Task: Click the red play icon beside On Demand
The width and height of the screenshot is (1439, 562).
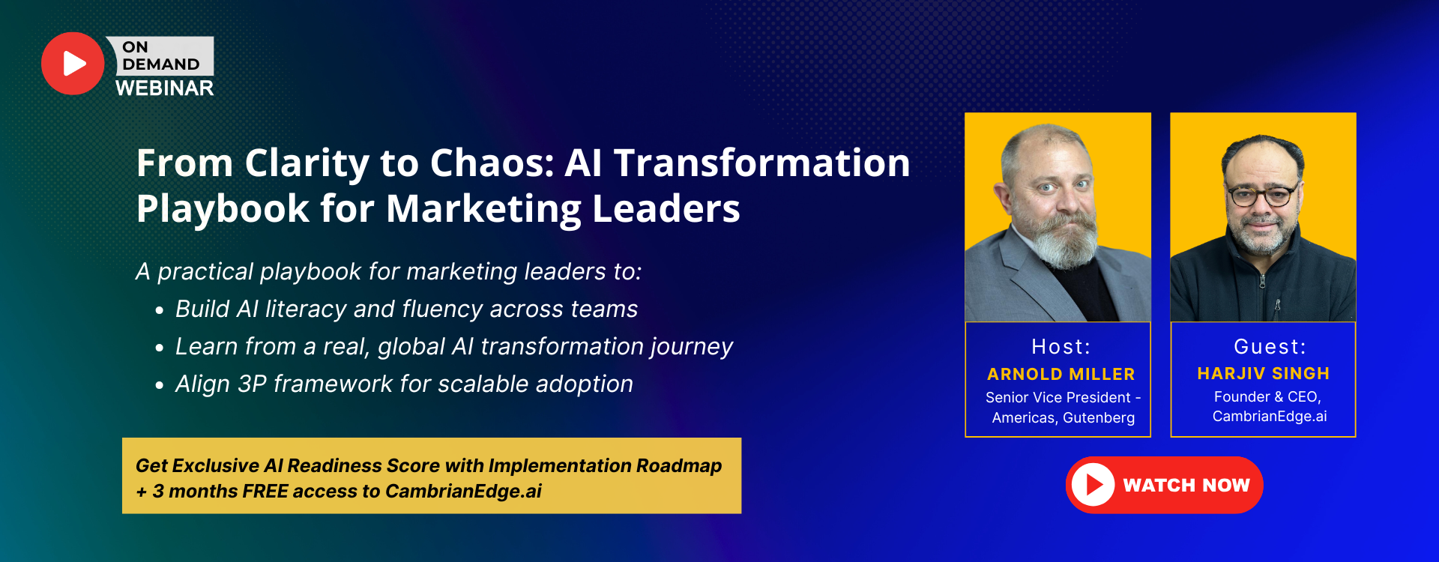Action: coord(73,64)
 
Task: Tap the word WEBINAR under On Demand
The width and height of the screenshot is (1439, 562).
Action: coord(164,88)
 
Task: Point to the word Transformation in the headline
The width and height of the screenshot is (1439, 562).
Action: coord(761,163)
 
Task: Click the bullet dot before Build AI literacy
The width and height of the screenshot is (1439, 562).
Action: coord(159,311)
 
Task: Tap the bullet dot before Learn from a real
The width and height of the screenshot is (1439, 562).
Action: coord(159,348)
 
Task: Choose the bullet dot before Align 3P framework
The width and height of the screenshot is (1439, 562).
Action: coord(159,386)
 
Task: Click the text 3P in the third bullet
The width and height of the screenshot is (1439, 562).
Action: coord(252,384)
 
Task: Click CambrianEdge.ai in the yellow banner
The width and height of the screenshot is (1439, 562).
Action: coord(463,492)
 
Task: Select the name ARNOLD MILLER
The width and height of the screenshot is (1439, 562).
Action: coord(1061,374)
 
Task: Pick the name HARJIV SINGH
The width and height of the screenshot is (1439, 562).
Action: coord(1263,373)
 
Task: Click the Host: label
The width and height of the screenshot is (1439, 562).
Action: coord(1061,346)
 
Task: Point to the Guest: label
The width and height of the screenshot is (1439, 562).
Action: coord(1270,346)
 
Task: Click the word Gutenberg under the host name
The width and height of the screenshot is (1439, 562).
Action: coord(1099,417)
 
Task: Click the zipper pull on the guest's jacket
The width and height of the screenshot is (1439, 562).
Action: coord(1277,305)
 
